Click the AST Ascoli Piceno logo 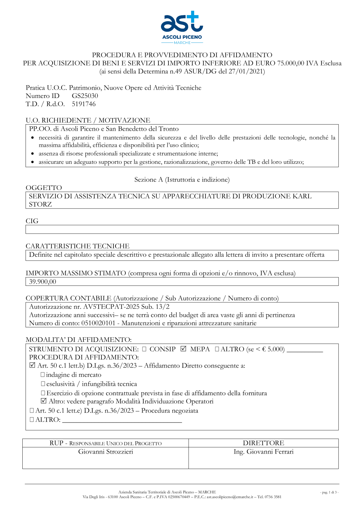click(x=182, y=27)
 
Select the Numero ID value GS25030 click(x=85, y=96)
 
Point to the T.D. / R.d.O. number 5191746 click(x=84, y=104)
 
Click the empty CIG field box click(x=182, y=229)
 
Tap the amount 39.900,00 click(x=42, y=281)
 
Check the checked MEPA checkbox click(x=184, y=349)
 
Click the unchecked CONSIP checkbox click(x=144, y=349)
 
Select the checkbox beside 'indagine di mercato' click(x=43, y=375)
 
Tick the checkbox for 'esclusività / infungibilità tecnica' click(x=43, y=384)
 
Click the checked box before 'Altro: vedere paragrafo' click(x=44, y=401)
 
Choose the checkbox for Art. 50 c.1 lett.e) click(x=32, y=410)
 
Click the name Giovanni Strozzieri click(x=105, y=452)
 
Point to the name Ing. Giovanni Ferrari click(x=264, y=452)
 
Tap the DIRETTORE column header click(x=264, y=443)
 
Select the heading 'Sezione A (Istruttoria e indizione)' click(x=182, y=180)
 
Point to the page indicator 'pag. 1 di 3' click(x=329, y=492)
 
